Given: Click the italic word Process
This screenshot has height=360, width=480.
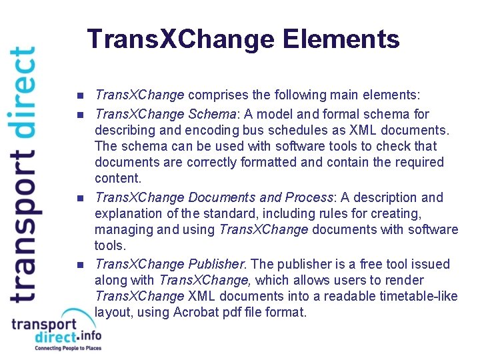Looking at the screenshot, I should tap(309, 197).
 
